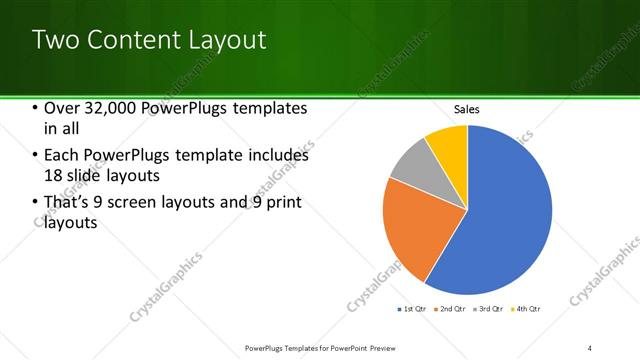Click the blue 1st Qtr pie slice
tap(500, 210)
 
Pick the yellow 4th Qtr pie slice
tap(448, 145)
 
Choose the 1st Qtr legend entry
tap(414, 309)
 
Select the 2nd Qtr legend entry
tap(451, 309)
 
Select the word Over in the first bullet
tap(61, 108)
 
